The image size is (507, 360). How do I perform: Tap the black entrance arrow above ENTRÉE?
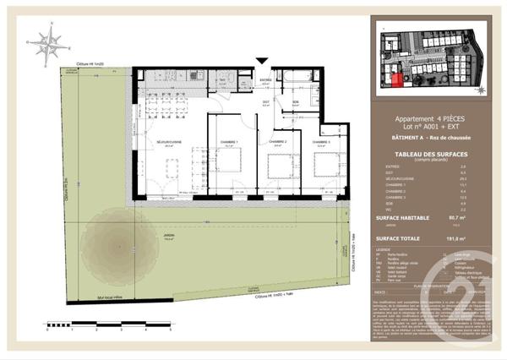tap(264, 61)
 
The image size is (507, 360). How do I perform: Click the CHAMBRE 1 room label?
tap(229, 141)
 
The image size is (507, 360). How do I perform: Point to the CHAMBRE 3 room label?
tap(320, 141)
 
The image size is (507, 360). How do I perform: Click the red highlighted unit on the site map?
tap(397, 81)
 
